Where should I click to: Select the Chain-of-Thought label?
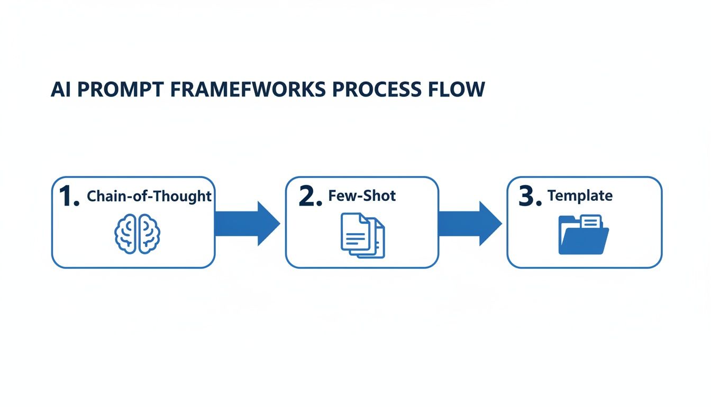pos(149,197)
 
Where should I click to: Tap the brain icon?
pos(137,233)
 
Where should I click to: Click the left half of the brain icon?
pos(126,233)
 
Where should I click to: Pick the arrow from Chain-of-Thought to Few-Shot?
pos(247,223)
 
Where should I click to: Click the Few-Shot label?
pos(362,196)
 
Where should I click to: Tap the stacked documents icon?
pos(362,235)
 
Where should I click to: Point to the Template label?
pos(580,196)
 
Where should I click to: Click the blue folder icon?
pos(583,236)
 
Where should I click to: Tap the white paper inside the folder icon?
pos(591,222)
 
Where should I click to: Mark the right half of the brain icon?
pos(148,233)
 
